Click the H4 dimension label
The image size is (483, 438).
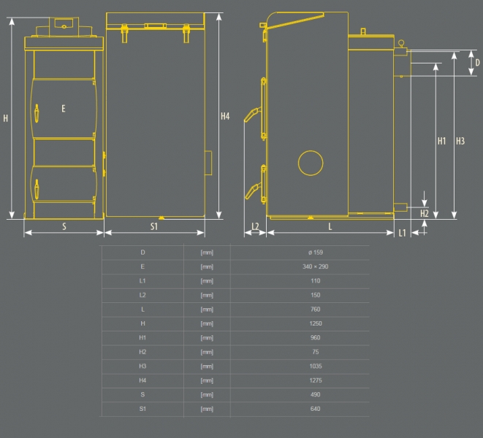click(x=225, y=116)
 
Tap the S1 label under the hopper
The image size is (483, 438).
click(x=154, y=226)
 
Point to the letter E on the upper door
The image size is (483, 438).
click(x=64, y=108)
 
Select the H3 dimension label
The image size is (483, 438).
click(x=460, y=141)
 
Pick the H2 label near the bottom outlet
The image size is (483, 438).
click(x=425, y=213)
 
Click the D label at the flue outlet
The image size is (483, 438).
click(x=477, y=63)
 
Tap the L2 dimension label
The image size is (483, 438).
click(x=255, y=226)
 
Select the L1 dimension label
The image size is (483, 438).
click(x=403, y=233)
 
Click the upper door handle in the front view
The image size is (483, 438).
click(x=37, y=113)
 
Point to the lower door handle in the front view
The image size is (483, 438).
click(x=37, y=189)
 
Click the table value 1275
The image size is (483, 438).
click(x=316, y=380)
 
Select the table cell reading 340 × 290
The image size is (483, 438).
click(x=316, y=266)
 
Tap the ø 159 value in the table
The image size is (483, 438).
click(x=316, y=253)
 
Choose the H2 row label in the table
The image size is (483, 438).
click(x=142, y=352)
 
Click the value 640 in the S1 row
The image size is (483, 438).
click(x=316, y=409)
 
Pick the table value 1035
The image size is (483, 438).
click(x=316, y=366)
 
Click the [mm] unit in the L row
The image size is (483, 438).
click(x=207, y=310)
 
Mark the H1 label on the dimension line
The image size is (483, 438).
click(x=442, y=141)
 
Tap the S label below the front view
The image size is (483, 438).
click(x=64, y=226)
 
